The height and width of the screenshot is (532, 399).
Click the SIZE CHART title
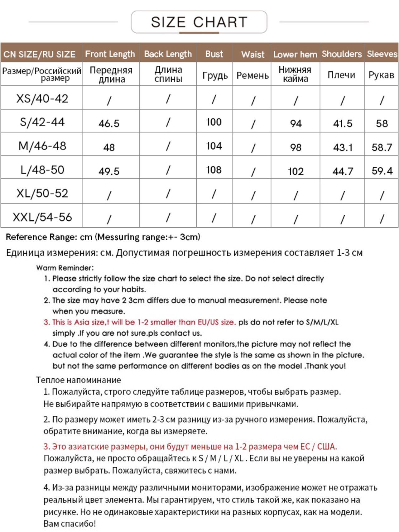tap(199, 22)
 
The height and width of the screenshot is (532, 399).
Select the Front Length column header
tap(110, 54)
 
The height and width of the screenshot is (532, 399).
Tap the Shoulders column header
tap(342, 54)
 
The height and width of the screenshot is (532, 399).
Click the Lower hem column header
tap(295, 54)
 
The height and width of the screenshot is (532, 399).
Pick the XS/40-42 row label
tap(42, 98)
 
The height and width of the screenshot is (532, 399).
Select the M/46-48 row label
tap(42, 146)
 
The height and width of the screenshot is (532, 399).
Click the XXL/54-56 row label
tap(42, 217)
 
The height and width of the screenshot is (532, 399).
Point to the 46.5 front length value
tap(109, 123)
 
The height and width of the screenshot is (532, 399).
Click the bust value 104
tap(214, 146)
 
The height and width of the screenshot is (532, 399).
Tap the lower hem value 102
tap(296, 171)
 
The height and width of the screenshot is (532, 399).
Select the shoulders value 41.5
tap(343, 123)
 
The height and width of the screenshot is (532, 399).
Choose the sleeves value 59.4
tap(382, 171)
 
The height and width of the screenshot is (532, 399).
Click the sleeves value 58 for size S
tap(382, 123)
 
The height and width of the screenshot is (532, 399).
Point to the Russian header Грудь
tap(215, 75)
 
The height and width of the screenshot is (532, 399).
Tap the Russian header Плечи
tap(341, 75)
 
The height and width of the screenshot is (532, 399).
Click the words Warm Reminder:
tap(65, 268)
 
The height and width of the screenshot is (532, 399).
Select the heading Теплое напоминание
tap(78, 380)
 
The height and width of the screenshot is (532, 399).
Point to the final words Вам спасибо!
tap(70, 524)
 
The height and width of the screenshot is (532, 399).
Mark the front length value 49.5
tap(109, 171)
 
